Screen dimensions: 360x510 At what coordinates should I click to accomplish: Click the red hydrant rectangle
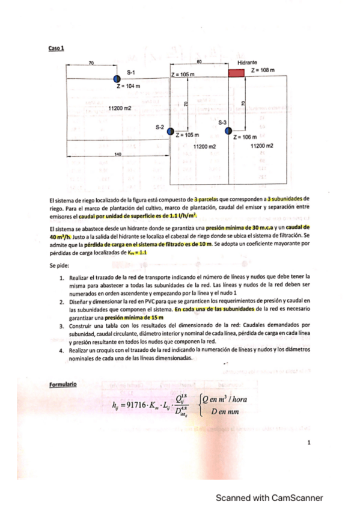pos(236,72)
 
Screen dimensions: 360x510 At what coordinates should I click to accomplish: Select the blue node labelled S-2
pos(170,131)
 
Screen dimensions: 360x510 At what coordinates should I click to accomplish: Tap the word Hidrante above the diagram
pos(248,62)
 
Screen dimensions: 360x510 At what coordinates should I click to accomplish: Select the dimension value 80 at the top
pos(200,62)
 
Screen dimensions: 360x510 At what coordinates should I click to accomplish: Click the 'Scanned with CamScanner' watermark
pos(270,497)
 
